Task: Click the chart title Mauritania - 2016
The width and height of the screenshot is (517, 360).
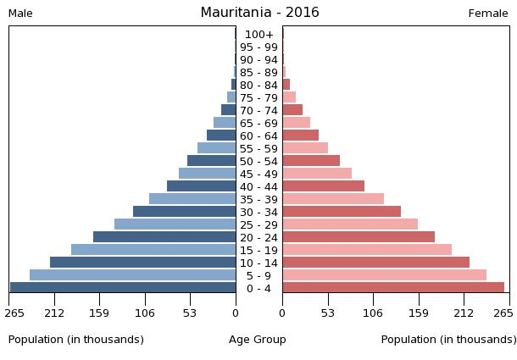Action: click(x=259, y=13)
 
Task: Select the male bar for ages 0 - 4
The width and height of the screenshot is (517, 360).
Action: click(x=123, y=288)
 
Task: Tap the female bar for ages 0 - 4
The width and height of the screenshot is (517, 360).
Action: click(x=393, y=288)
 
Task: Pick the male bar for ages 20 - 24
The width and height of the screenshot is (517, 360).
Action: click(x=164, y=237)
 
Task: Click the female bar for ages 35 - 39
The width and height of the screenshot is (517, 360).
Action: click(x=333, y=199)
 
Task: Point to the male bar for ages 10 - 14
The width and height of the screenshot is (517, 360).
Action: click(x=142, y=263)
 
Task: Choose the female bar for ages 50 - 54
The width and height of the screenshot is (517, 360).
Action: click(x=311, y=161)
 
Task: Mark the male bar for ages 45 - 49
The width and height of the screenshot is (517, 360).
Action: click(x=207, y=174)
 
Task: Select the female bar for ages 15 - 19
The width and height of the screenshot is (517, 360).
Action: click(x=367, y=250)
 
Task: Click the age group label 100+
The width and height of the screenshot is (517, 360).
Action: click(x=258, y=35)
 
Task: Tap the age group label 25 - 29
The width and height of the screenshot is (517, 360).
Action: click(x=258, y=224)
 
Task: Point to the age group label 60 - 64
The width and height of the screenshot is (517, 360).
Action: click(x=258, y=136)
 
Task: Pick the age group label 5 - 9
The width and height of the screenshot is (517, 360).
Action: click(x=258, y=275)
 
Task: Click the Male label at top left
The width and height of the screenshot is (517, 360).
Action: click(x=20, y=14)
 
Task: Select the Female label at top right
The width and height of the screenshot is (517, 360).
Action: click(x=488, y=14)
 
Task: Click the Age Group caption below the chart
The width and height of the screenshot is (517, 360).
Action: click(x=258, y=340)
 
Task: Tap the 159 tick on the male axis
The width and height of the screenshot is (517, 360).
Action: click(x=100, y=313)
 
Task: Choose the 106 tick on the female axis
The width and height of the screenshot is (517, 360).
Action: click(x=372, y=313)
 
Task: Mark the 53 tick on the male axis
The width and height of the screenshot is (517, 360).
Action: click(x=190, y=313)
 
